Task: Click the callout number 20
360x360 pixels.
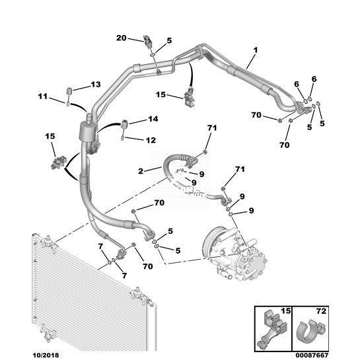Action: tap(122, 38)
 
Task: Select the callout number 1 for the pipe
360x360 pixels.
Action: tap(256, 50)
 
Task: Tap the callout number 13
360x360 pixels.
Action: tap(96, 85)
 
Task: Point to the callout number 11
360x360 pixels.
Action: tap(43, 96)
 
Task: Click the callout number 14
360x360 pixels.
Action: tap(153, 119)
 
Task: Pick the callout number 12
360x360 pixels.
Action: tap(151, 140)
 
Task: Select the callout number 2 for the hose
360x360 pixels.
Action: tap(141, 171)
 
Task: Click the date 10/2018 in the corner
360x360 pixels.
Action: tap(46, 355)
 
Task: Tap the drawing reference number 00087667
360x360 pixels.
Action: tap(312, 355)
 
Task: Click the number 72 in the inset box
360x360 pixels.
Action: tap(321, 311)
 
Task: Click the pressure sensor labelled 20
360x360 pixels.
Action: tap(147, 41)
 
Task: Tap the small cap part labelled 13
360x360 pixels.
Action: tap(69, 90)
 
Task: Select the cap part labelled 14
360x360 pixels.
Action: tap(125, 124)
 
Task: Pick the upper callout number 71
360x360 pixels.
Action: tap(212, 128)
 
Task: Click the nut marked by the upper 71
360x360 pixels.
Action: tap(205, 152)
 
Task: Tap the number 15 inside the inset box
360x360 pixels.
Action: tap(285, 311)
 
